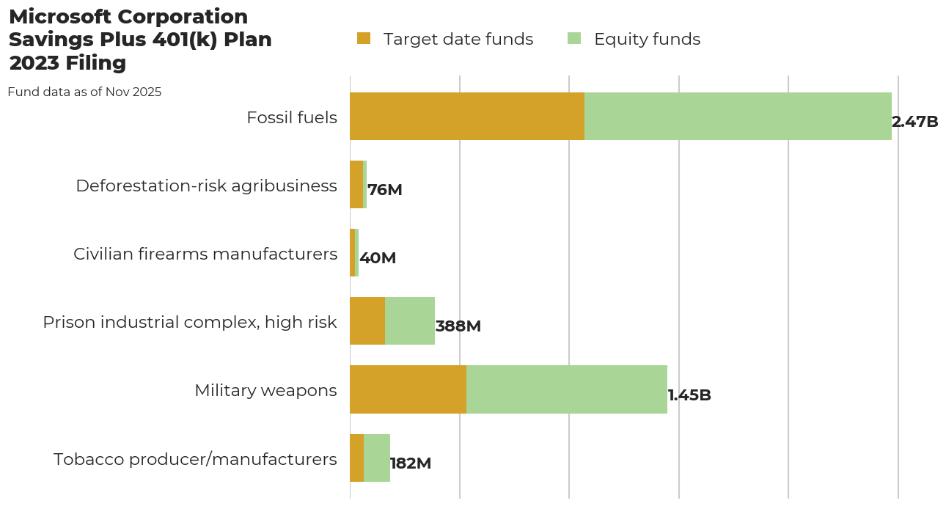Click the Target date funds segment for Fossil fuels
coord(467,116)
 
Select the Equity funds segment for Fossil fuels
coord(738,116)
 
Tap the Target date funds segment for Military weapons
coord(408,389)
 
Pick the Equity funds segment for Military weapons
coord(567,389)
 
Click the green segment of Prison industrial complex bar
coord(410,321)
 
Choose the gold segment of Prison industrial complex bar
coord(367,321)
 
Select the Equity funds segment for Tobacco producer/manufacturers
coord(377,458)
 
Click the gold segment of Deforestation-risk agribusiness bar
coord(356,185)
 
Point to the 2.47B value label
coord(914,122)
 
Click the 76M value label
coord(385,190)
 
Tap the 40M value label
coord(378,258)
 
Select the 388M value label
coord(458,326)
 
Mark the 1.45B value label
coord(689,395)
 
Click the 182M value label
coord(411,463)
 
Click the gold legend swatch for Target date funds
coord(364,39)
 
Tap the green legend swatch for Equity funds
coord(574,39)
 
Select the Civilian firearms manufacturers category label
coord(205,254)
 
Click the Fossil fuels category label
coord(292,117)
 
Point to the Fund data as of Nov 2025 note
coord(84,92)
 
